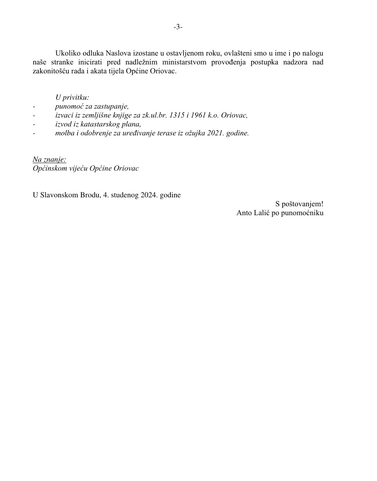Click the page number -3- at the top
tap(178, 27)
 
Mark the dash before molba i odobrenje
tap(34, 133)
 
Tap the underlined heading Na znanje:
tap(49, 159)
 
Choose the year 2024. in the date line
tap(149, 195)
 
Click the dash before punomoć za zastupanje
tap(34, 107)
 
